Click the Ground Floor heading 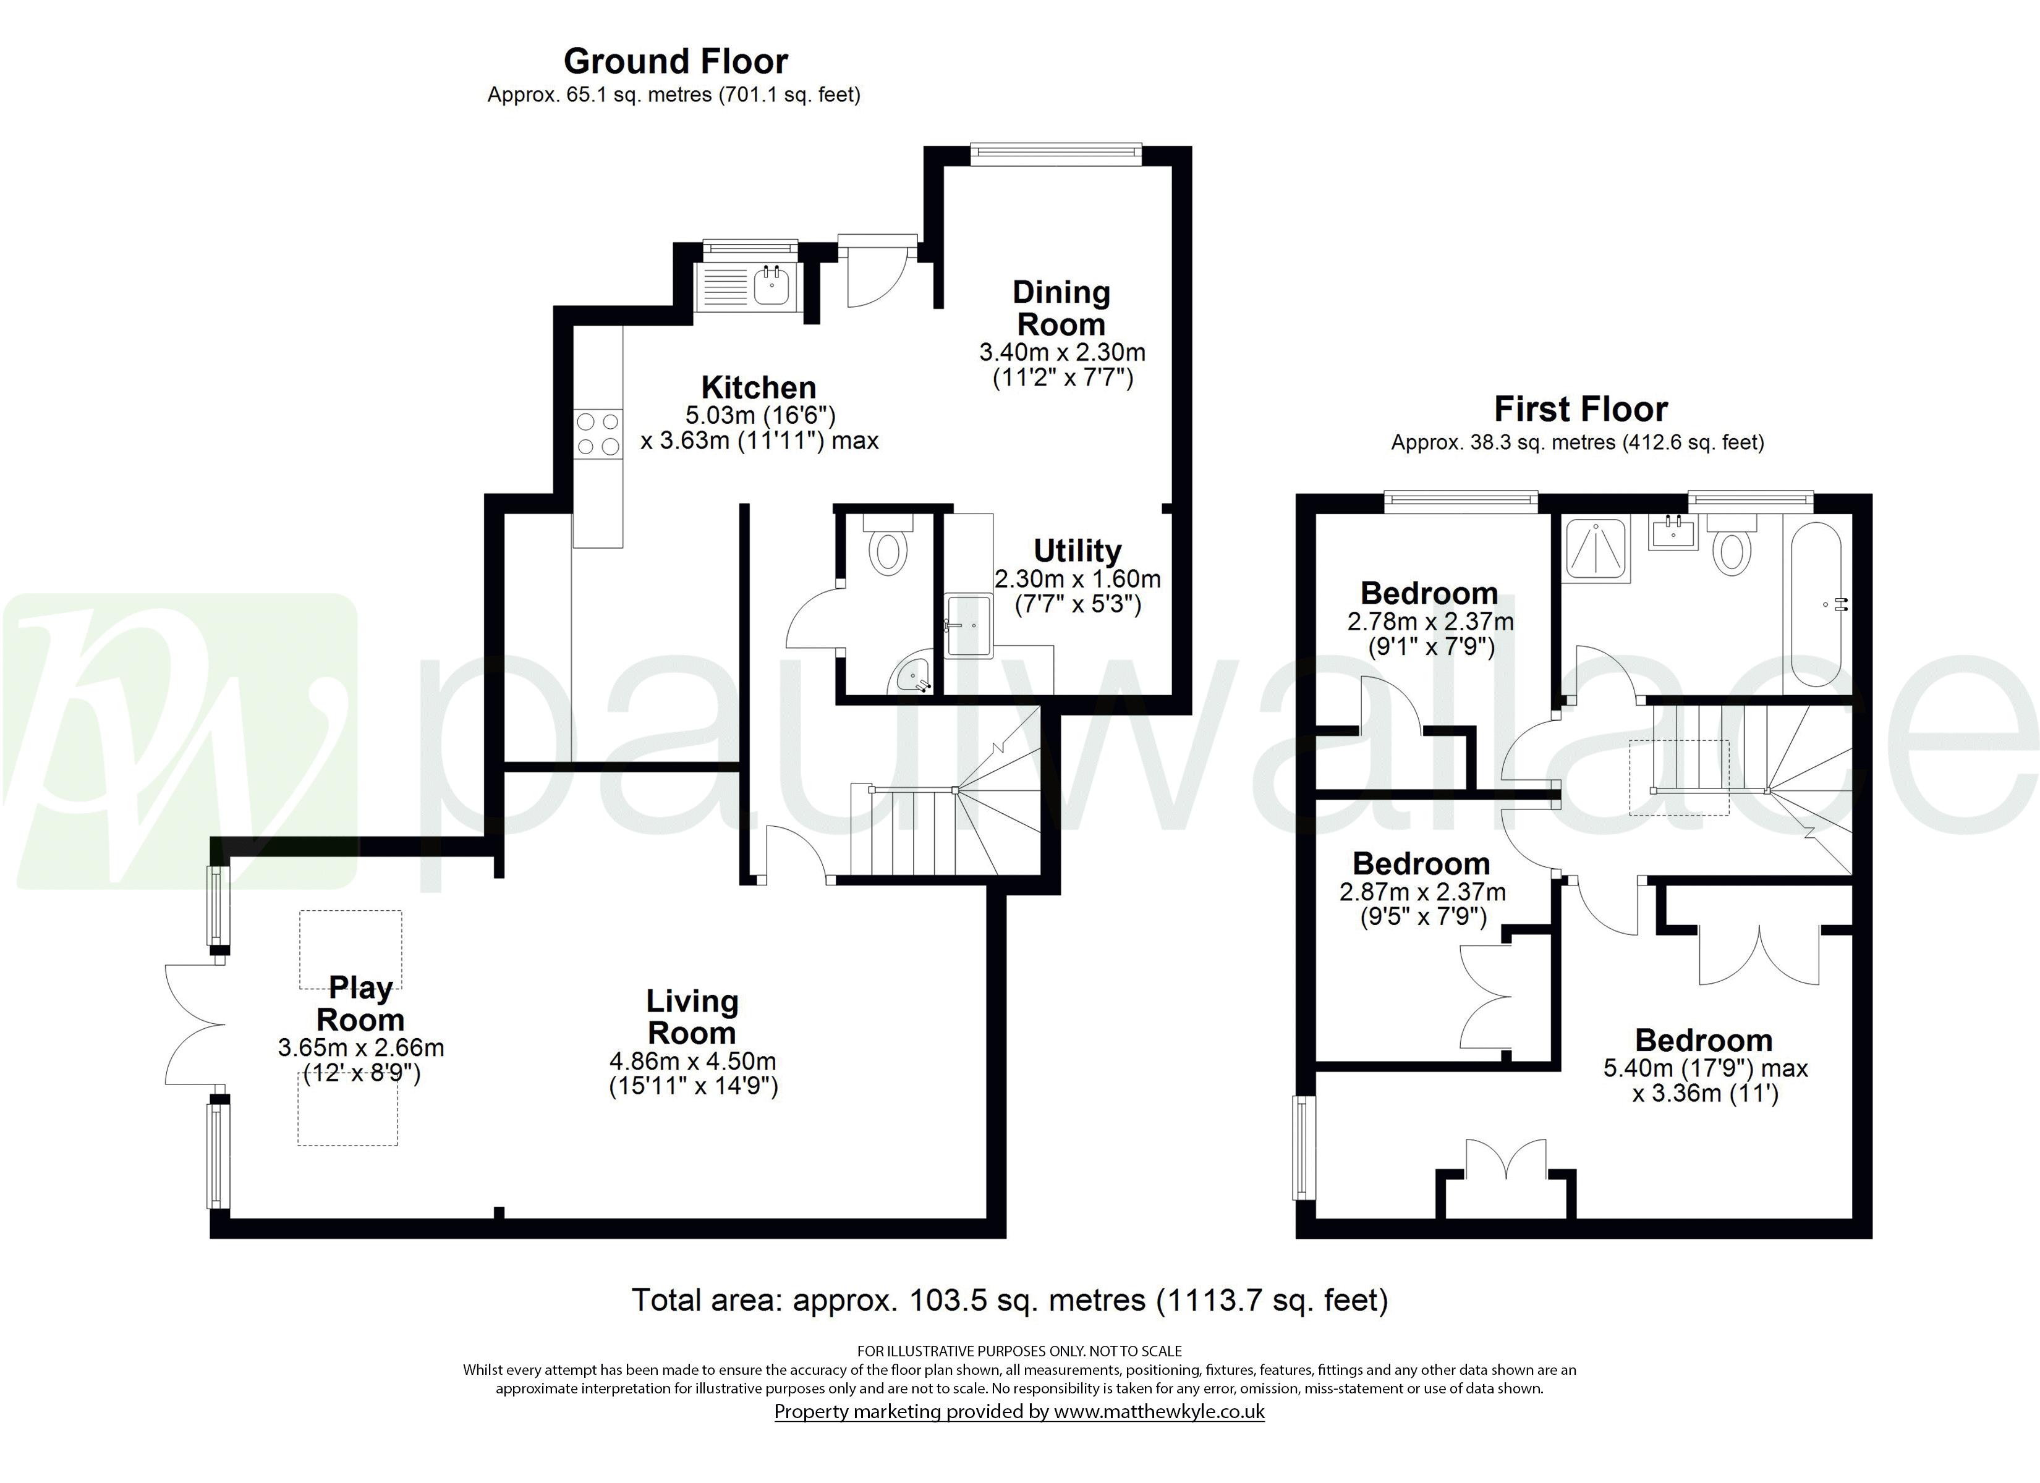[676, 61]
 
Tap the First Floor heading [1580, 409]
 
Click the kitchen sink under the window [771, 287]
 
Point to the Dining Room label [1061, 308]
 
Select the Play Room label [360, 1003]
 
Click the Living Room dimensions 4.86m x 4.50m [692, 1061]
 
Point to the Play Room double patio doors [193, 1025]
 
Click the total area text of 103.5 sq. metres [1009, 1301]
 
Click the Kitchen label [759, 387]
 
